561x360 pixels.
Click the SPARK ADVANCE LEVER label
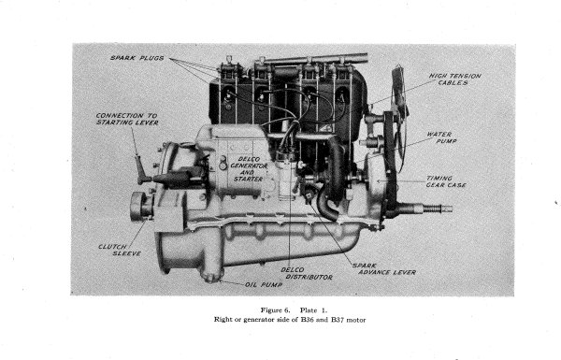383,269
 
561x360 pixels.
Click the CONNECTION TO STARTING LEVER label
125,120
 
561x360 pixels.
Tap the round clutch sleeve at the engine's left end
140,205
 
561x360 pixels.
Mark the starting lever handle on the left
141,168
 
